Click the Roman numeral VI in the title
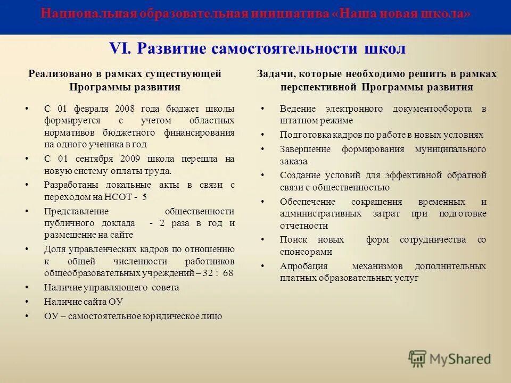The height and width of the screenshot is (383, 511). click(121, 48)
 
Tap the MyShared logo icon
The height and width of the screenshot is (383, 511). click(418, 359)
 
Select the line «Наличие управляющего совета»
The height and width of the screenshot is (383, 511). click(112, 287)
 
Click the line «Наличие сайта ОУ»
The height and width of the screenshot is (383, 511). click(84, 302)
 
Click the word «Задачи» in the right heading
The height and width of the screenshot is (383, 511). click(273, 74)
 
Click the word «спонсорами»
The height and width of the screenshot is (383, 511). click(306, 252)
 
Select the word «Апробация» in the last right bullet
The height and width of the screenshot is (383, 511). click(304, 266)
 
